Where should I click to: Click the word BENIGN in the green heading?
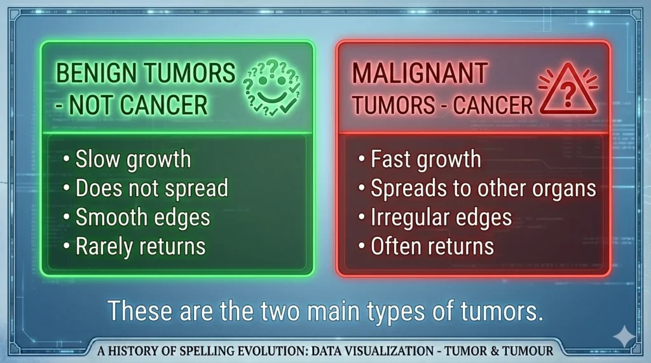(x=93, y=74)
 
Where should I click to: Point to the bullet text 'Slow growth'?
(x=133, y=159)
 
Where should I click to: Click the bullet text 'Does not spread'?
(x=152, y=188)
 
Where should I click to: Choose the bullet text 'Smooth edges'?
(x=142, y=217)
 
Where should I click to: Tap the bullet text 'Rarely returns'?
(x=140, y=246)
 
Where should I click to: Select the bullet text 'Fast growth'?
(x=426, y=159)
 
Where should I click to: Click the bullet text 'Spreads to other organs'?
(x=483, y=188)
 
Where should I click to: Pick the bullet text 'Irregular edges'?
(x=441, y=217)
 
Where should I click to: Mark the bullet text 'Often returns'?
(x=432, y=246)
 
